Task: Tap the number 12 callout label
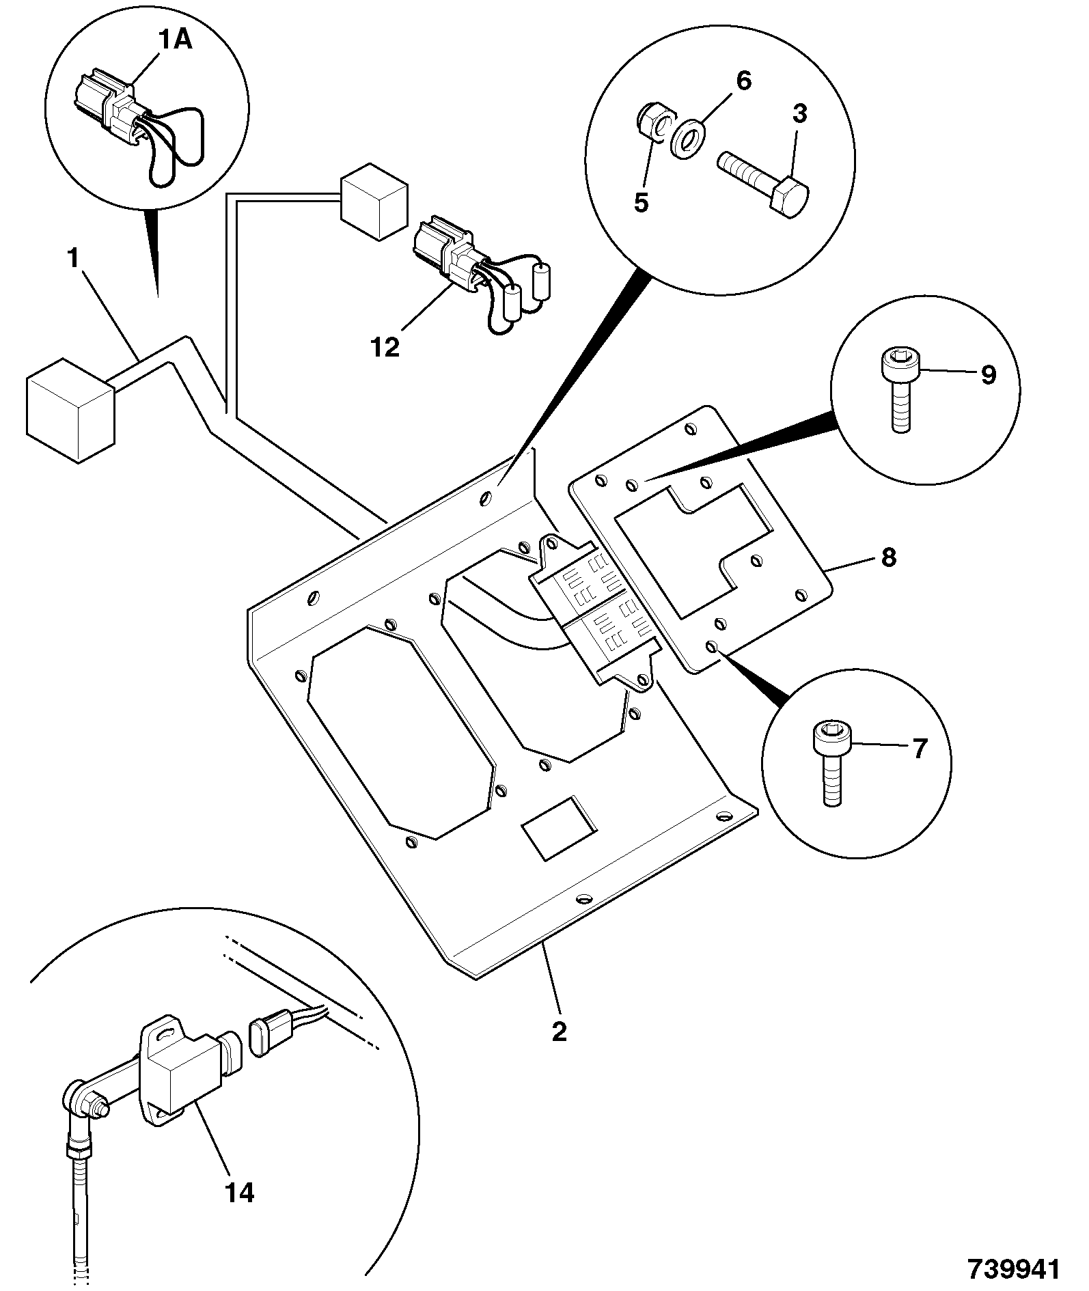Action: click(x=385, y=347)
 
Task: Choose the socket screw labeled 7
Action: click(x=829, y=764)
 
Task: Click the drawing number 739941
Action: click(x=1013, y=1268)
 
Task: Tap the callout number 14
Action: click(x=240, y=1193)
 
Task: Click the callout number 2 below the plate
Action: click(x=559, y=1031)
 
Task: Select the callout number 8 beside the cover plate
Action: click(x=887, y=557)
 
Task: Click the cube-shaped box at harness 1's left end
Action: click(x=69, y=409)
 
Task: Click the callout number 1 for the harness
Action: click(x=73, y=259)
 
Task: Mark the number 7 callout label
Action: click(x=920, y=749)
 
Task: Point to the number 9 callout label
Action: click(x=989, y=374)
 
